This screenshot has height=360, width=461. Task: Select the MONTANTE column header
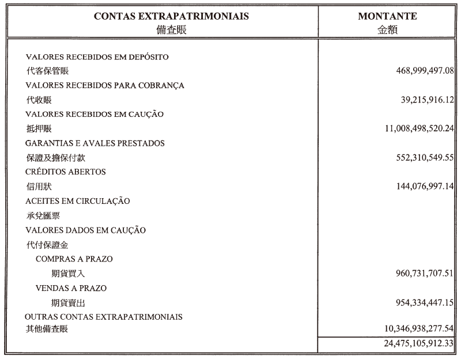387,17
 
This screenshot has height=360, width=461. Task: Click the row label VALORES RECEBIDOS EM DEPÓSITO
97,57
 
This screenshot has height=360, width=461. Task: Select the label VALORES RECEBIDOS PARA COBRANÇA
105,86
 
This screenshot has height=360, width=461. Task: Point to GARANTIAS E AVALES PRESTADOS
95,143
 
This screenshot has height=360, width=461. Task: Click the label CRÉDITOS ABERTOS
66,172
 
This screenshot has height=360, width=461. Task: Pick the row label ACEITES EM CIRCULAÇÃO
78,201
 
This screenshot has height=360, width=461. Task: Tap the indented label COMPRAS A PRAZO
74,259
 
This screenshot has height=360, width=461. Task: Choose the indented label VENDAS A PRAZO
71,288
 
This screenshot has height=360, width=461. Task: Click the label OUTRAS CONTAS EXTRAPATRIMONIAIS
104,317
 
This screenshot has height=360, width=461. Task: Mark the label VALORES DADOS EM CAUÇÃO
86,230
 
